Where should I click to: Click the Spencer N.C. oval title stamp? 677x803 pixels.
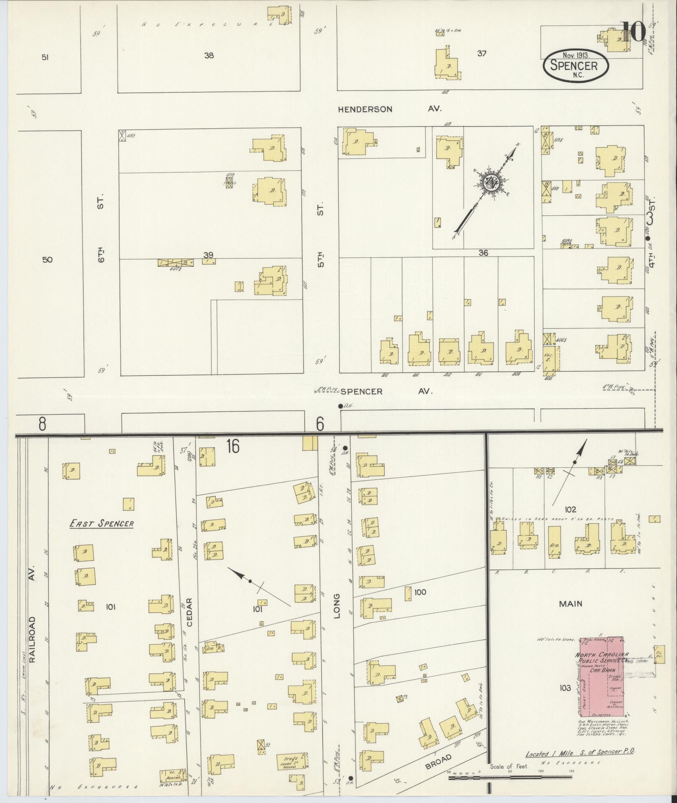576,65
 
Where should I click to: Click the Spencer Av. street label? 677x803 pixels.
386,391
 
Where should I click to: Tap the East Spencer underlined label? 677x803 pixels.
102,523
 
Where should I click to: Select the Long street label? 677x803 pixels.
337,604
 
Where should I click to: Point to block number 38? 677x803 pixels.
209,55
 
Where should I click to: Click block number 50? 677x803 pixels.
47,260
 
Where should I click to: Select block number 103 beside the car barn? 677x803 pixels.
565,688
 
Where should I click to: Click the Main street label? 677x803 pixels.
570,604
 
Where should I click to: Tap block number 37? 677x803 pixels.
481,53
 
